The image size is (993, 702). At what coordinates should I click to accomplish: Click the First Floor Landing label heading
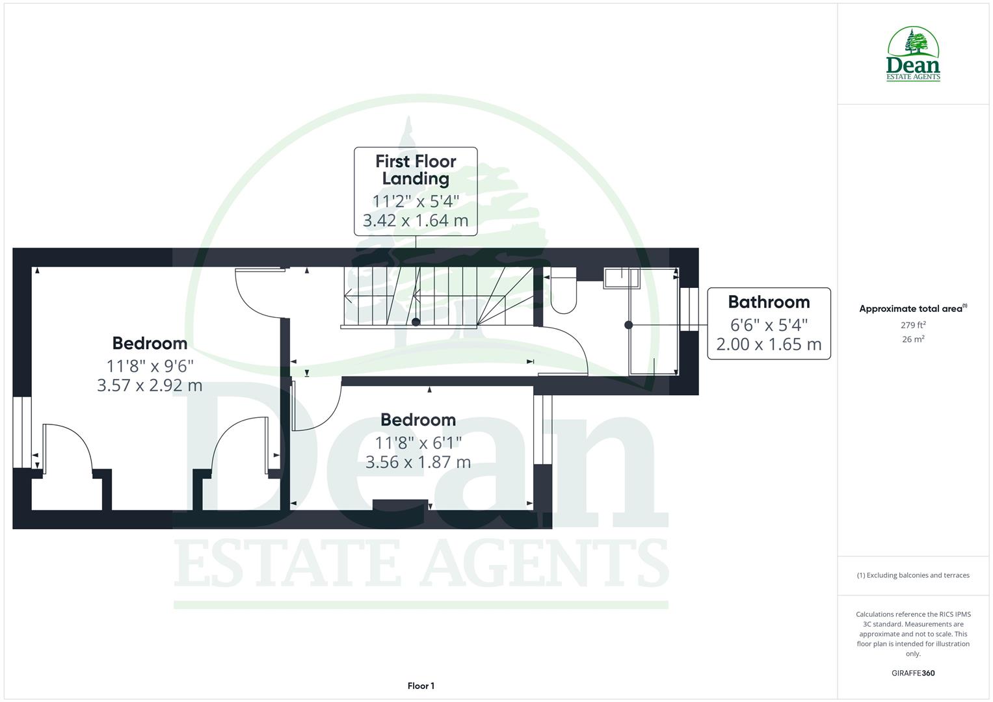416,170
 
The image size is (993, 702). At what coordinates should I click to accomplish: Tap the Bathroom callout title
769,302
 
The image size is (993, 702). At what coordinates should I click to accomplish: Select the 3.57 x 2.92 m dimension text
150,385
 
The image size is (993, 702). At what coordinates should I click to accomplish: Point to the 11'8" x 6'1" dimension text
418,443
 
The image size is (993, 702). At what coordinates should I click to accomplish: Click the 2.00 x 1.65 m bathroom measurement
769,344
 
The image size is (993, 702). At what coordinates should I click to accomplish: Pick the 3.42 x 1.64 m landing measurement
416,221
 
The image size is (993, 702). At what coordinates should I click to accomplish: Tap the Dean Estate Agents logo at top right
913,55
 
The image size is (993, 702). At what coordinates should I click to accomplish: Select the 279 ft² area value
913,325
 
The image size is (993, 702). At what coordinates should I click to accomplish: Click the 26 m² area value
913,339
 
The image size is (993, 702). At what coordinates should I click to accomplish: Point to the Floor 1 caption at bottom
421,686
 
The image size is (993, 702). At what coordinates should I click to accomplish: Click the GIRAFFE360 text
913,673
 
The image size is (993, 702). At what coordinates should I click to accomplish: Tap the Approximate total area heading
912,309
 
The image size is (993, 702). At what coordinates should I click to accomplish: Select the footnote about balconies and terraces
913,575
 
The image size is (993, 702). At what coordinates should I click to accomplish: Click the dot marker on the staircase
416,322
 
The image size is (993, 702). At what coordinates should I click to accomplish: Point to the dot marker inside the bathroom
628,325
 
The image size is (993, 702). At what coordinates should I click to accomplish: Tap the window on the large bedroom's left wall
22,432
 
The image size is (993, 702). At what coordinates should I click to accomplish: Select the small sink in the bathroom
621,278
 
